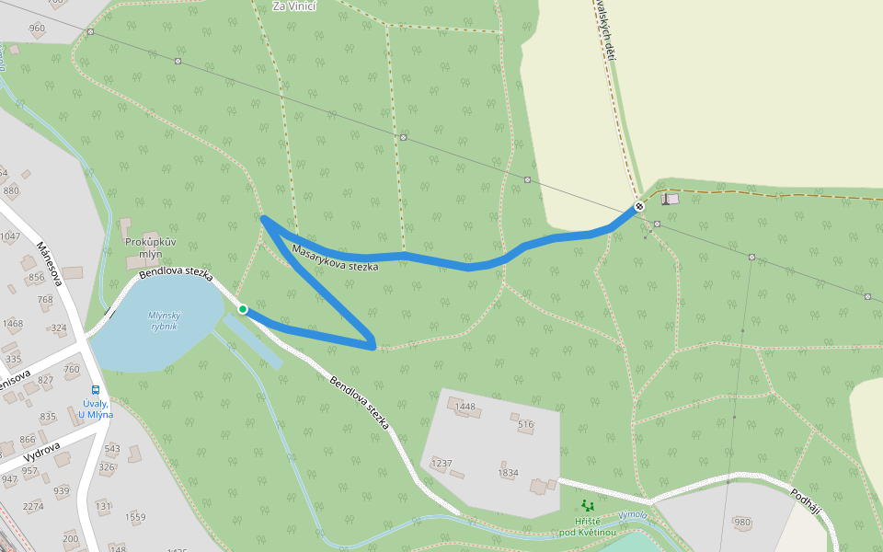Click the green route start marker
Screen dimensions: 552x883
(243, 309)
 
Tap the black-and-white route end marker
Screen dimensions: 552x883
(639, 206)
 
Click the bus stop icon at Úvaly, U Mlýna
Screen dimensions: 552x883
(97, 390)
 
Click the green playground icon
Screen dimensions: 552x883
(588, 505)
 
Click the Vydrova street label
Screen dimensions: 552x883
(42, 453)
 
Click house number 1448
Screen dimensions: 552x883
(465, 407)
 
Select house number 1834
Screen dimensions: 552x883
(508, 473)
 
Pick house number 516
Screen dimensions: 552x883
(525, 425)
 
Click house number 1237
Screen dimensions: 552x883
(441, 464)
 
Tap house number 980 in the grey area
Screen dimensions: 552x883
(742, 523)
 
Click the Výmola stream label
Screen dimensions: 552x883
(633, 514)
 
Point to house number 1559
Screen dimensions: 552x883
(135, 517)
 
